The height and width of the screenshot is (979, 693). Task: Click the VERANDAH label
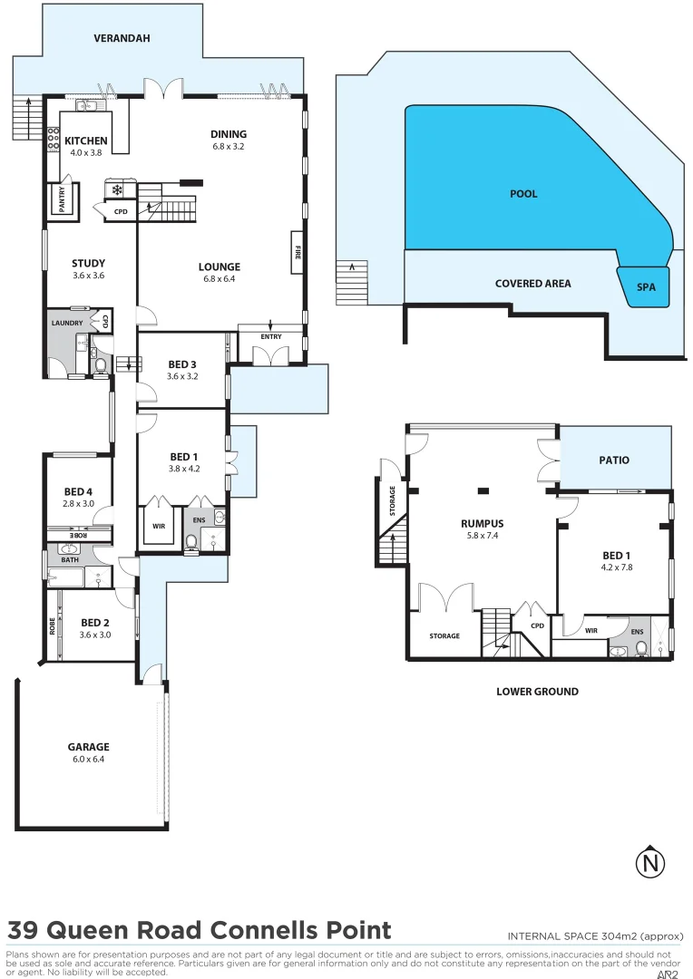122,39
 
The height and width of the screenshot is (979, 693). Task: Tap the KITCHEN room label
86,141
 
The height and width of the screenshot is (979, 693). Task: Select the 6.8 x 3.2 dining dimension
229,146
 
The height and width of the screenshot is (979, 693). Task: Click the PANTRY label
62,199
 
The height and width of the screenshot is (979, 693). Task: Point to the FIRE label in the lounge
296,253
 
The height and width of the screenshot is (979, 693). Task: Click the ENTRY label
270,337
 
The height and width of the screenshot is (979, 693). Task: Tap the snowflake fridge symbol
117,190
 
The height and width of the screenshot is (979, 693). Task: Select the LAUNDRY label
67,323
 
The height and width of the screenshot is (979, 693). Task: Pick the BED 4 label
79,492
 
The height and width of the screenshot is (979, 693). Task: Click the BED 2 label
95,623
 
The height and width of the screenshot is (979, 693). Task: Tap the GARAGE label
88,748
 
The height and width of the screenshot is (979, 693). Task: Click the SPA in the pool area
646,287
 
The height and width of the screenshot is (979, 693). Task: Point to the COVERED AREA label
532,284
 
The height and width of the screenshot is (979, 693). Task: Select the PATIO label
614,460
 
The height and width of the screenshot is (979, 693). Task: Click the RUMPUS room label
482,523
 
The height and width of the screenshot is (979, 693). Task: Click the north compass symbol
649,863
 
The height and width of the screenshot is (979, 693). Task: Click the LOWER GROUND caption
537,692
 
